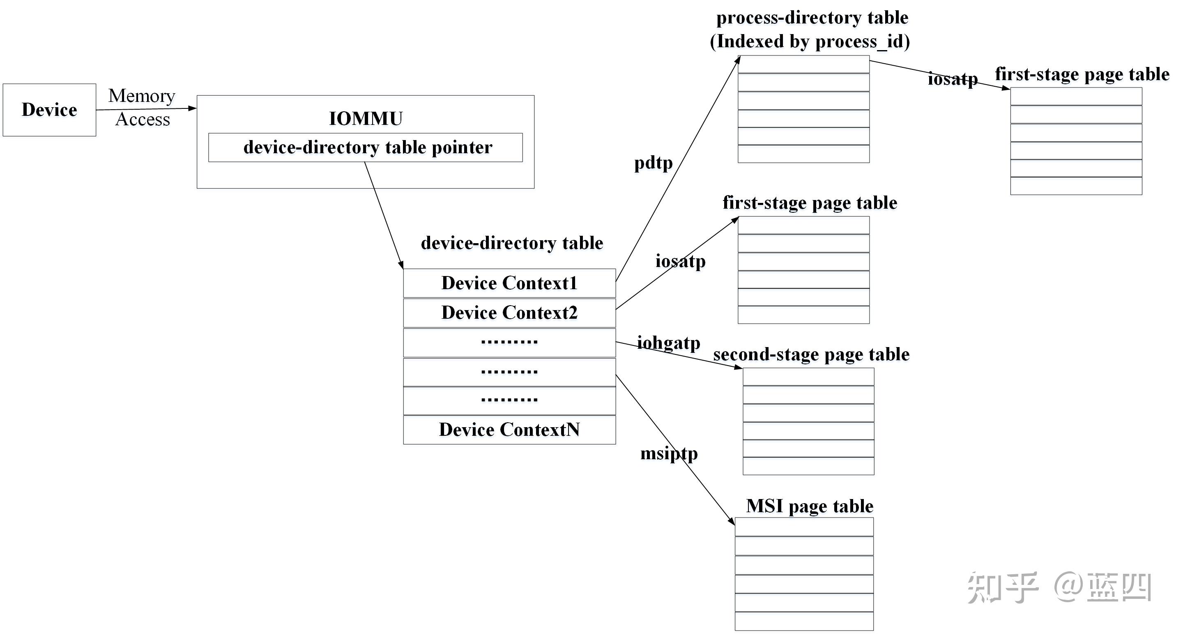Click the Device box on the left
(x=49, y=110)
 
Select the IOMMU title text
(x=366, y=118)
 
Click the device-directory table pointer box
(x=366, y=147)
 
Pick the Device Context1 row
(x=509, y=283)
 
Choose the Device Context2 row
(x=509, y=313)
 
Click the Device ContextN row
(x=509, y=430)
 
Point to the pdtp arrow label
(x=653, y=163)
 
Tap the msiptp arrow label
(x=669, y=453)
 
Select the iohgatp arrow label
(x=669, y=343)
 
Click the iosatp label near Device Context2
(x=680, y=261)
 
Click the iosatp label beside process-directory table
(x=953, y=78)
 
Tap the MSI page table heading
(x=809, y=506)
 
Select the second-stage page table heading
(x=811, y=354)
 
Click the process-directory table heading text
(x=812, y=17)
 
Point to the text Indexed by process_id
(x=810, y=41)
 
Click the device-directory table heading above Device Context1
(x=511, y=243)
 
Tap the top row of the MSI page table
(x=804, y=527)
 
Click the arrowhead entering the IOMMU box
(x=193, y=108)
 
